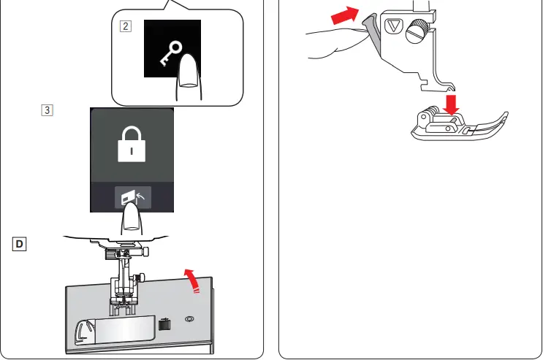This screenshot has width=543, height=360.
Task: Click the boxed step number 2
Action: [x=126, y=27]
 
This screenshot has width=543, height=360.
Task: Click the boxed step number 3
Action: [x=47, y=112]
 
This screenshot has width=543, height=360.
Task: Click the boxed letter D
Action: [x=19, y=242]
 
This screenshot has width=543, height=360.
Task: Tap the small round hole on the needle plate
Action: [x=190, y=319]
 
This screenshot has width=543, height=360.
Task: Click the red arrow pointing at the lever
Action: [x=346, y=16]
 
